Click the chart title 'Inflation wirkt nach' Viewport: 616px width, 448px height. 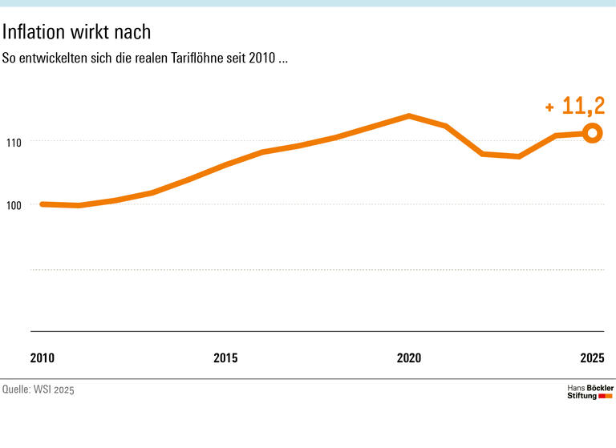76,32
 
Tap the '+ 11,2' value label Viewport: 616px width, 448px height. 575,106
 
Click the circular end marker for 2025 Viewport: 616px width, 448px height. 592,133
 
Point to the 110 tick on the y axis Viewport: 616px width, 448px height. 15,142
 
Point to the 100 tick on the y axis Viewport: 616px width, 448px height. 15,205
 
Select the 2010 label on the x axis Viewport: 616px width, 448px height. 43,357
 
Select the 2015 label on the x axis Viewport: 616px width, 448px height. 225,357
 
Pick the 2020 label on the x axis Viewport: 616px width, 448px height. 409,357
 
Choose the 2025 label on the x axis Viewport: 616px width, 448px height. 592,357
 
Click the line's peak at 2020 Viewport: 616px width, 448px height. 409,116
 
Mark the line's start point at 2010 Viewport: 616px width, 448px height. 43,204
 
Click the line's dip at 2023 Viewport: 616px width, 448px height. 519,156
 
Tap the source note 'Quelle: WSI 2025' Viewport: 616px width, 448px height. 38,390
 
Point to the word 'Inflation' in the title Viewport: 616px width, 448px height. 33,32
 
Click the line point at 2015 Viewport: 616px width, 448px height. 225,165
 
